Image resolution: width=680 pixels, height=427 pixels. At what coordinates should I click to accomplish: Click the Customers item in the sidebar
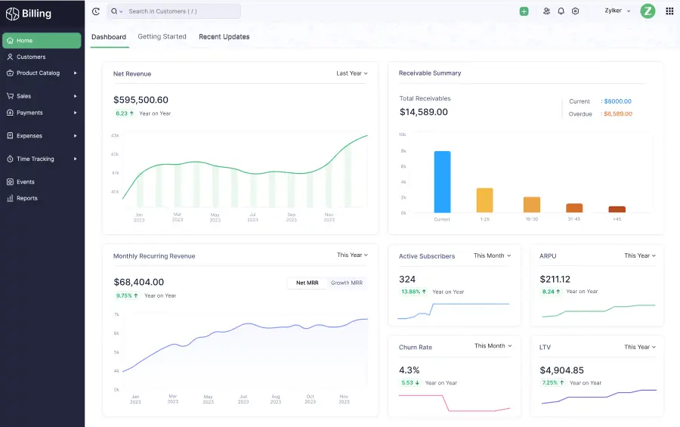(x=31, y=57)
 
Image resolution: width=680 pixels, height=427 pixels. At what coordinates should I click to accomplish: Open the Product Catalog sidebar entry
(x=38, y=73)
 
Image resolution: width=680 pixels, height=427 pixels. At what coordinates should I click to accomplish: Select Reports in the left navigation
(x=27, y=198)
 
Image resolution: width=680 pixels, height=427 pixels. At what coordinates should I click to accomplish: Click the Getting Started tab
(x=162, y=37)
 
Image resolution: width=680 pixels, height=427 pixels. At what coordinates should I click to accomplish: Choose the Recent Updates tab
(x=224, y=37)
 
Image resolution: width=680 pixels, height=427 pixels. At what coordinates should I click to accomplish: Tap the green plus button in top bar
(x=524, y=11)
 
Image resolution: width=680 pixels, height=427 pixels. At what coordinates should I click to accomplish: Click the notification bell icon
(x=561, y=11)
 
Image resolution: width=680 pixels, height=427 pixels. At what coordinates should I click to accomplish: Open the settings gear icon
(x=575, y=11)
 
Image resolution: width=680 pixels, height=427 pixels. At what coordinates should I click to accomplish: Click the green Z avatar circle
(x=648, y=11)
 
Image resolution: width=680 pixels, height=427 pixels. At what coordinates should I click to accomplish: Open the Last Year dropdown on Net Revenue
(x=352, y=73)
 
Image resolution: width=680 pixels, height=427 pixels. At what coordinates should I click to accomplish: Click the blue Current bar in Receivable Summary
(x=442, y=182)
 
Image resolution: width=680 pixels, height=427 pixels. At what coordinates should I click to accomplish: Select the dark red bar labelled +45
(x=617, y=209)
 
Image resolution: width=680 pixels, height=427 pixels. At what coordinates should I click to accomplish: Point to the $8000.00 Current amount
(x=617, y=101)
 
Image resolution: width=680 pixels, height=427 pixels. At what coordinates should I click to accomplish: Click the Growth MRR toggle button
(x=347, y=283)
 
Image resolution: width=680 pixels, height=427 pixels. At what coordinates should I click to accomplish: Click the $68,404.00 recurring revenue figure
(x=139, y=282)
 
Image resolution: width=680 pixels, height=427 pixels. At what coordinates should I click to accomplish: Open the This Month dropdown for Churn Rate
(x=493, y=346)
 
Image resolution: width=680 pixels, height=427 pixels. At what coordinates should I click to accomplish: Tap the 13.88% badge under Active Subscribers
(x=413, y=292)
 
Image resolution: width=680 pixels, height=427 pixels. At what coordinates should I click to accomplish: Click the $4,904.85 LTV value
(x=561, y=370)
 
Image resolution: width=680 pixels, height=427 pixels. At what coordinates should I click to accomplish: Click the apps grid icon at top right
(x=669, y=11)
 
